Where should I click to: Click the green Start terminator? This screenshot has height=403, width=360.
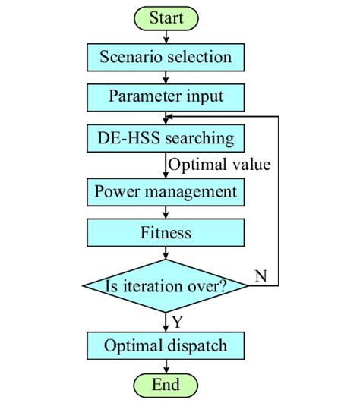[166, 17]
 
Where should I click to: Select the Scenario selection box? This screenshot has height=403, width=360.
[166, 57]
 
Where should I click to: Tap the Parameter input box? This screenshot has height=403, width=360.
[166, 97]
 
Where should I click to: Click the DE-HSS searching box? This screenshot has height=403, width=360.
[166, 139]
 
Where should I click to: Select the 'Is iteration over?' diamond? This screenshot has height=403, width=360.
[166, 286]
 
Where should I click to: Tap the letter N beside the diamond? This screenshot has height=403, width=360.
[261, 276]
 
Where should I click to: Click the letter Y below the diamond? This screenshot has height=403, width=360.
[177, 322]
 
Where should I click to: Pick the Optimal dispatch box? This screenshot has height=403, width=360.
[166, 346]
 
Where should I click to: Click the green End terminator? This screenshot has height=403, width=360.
[166, 385]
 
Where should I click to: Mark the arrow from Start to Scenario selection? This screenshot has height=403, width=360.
[166, 36]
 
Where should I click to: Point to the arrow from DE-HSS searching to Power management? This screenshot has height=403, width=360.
[166, 165]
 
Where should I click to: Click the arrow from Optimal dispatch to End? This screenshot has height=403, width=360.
[166, 366]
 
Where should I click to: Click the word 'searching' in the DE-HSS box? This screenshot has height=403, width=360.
[197, 139]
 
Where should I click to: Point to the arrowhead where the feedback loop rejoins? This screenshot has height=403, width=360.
[171, 116]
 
